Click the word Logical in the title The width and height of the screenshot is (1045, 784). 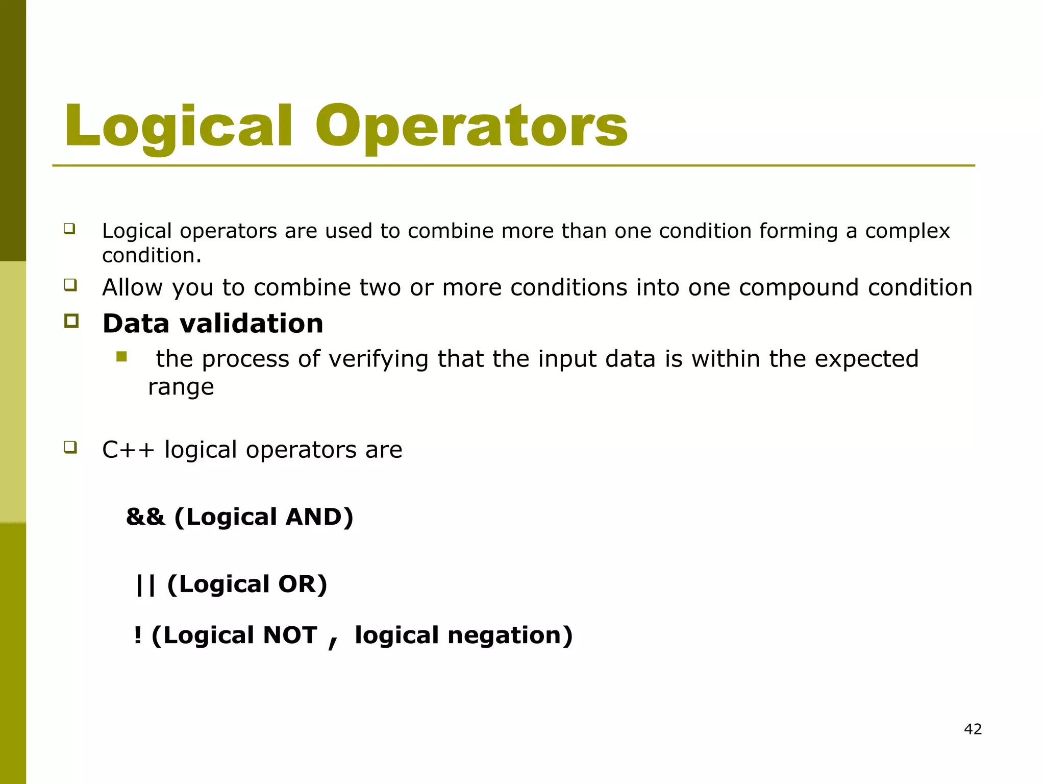coord(178,126)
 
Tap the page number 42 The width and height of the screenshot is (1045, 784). coord(973,729)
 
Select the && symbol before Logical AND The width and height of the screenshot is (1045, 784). coord(145,517)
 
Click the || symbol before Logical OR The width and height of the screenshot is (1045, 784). coord(145,584)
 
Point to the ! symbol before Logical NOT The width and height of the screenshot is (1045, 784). coord(137,635)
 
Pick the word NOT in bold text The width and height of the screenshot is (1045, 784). coord(290,635)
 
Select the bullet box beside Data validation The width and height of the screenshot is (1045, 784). coord(71,321)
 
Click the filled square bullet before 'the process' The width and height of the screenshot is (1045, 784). coord(121,356)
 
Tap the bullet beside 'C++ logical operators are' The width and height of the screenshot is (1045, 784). coord(70,448)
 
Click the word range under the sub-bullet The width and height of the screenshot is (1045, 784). coord(181,387)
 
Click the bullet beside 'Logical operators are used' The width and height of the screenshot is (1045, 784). coord(69,228)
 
